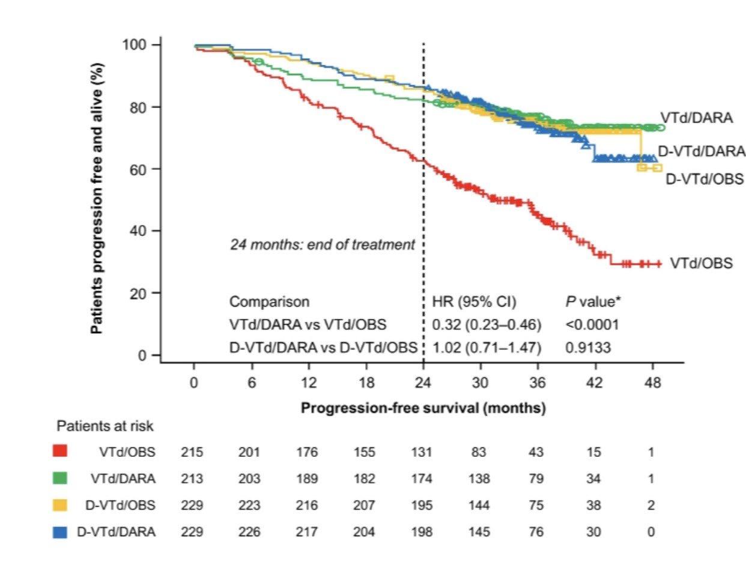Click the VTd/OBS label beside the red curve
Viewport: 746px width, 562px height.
tap(701, 263)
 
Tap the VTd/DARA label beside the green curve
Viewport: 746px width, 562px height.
tap(697, 118)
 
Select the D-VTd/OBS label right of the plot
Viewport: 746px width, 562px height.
tap(705, 179)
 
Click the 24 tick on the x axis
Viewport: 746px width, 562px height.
tap(423, 382)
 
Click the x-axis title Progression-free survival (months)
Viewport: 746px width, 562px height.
tap(423, 408)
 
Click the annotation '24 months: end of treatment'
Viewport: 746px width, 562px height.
tap(323, 245)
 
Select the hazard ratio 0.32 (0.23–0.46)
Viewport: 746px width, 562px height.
tap(487, 325)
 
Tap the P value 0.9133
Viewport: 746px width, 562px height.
tap(588, 347)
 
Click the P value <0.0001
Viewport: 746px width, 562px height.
tap(592, 325)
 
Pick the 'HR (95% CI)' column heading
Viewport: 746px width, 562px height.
tap(474, 302)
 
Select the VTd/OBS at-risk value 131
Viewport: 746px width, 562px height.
tap(422, 452)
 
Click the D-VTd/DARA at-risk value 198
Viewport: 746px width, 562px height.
tap(422, 532)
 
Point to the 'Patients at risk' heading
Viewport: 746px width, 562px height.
tap(105, 426)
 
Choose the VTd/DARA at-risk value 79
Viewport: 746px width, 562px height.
tap(535, 479)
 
